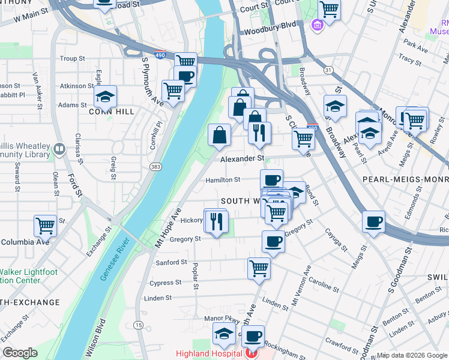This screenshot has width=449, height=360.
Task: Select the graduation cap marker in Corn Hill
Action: coord(105,97)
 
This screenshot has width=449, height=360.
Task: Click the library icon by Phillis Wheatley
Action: coord(59,148)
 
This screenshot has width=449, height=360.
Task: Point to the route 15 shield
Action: coord(139,325)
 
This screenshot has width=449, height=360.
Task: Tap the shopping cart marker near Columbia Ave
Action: coord(46,226)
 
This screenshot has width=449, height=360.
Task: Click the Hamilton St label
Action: coord(223,179)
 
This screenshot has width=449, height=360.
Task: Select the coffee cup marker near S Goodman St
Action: coord(373,221)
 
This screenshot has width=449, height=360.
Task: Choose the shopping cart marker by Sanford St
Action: coord(259,268)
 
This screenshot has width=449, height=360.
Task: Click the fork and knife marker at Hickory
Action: coord(216,221)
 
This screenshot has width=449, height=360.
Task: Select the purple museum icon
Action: coord(316,25)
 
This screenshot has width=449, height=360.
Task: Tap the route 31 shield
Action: coord(328,70)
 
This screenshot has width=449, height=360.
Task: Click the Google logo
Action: coord(20,353)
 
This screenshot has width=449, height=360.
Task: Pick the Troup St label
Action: coord(73,59)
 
